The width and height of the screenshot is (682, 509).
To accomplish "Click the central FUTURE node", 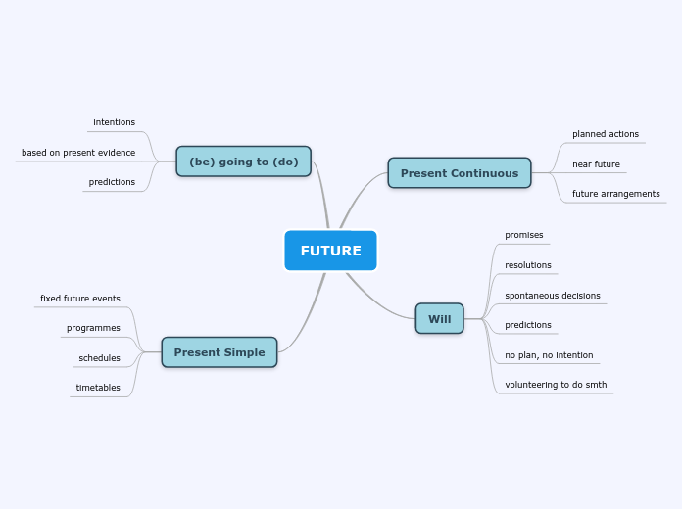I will point(330,251).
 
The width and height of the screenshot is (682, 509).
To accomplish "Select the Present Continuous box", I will point(459,173).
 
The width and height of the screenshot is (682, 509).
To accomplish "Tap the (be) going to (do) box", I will point(243,162).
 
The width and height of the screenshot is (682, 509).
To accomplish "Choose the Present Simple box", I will point(219,352).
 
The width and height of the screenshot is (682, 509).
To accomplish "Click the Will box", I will point(439,318).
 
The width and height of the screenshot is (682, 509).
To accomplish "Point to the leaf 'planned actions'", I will point(605,134).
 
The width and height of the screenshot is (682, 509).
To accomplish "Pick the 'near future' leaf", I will point(596,164).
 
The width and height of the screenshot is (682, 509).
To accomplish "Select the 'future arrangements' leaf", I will point(615,194).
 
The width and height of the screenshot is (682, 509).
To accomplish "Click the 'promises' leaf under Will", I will point(523,235).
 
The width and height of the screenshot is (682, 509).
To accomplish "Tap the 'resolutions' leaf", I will point(527,265).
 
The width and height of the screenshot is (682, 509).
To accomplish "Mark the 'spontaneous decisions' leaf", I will point(552,296).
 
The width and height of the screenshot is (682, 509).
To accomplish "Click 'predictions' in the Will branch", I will point(527,325).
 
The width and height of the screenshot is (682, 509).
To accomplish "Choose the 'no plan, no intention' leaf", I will point(548,355).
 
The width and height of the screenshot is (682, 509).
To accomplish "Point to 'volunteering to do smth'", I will point(555,385).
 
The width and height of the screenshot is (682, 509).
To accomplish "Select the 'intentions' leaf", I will point(114,122).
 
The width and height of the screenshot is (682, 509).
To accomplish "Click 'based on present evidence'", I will point(78,153).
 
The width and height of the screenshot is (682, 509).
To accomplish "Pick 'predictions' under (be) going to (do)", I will point(112,182).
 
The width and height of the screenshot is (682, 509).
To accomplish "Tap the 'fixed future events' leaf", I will point(80,299).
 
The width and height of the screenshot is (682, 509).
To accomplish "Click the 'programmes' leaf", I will point(93,328).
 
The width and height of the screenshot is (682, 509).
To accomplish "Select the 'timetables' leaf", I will point(98,388).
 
